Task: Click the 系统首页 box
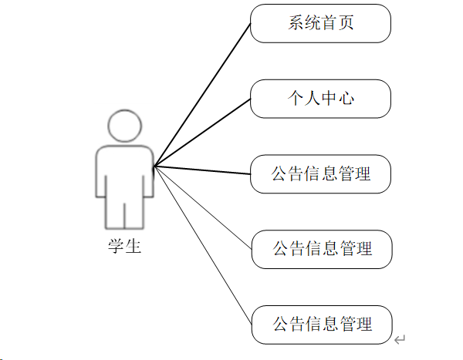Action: click(x=320, y=24)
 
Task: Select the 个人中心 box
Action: click(x=320, y=99)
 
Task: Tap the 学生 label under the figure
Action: click(x=124, y=247)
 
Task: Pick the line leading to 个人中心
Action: click(x=202, y=132)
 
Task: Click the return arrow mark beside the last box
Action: click(x=399, y=339)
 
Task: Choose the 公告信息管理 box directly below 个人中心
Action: click(x=320, y=174)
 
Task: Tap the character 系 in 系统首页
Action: click(x=296, y=24)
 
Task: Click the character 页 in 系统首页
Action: click(x=346, y=24)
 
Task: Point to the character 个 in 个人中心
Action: click(x=296, y=99)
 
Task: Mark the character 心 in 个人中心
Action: click(x=346, y=99)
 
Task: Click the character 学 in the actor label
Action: click(x=116, y=247)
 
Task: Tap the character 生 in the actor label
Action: click(x=133, y=247)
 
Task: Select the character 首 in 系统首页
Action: click(x=330, y=24)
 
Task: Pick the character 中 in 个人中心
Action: click(x=330, y=99)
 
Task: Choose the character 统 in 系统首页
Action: click(x=313, y=24)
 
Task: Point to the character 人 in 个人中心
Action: click(x=313, y=99)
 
